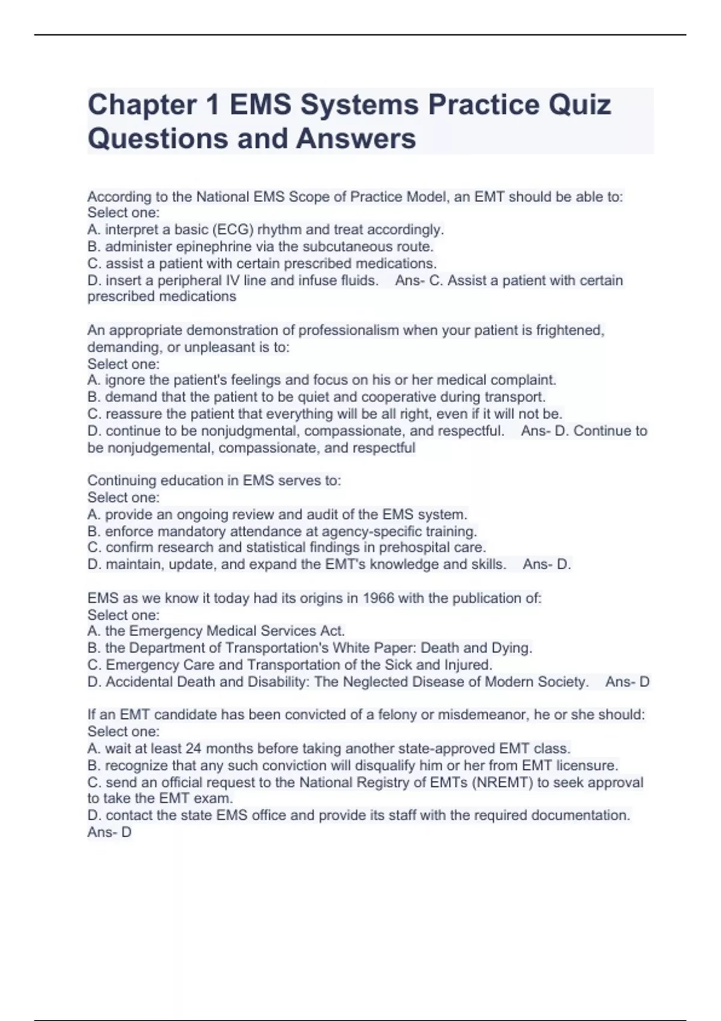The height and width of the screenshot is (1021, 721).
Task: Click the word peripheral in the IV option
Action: pyautogui.click(x=189, y=280)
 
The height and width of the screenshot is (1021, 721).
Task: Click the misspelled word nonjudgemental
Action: pyautogui.click(x=159, y=448)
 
